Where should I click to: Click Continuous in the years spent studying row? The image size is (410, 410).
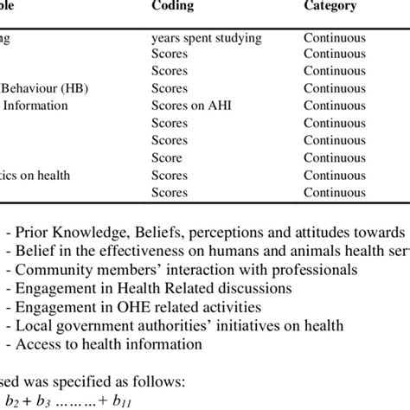pyautogui.click(x=334, y=38)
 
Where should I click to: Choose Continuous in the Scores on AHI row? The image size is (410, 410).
pyautogui.click(x=334, y=106)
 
